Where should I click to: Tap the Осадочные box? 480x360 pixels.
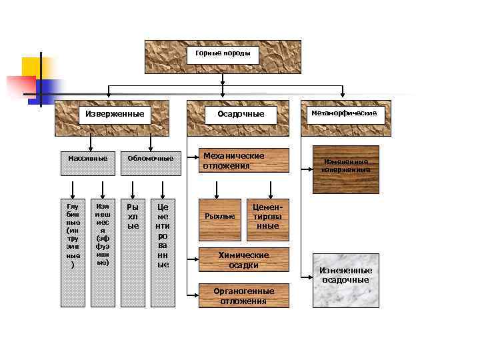coord(241,114)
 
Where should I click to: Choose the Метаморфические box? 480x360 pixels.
coord(343,114)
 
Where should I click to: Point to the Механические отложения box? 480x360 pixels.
coord(245,160)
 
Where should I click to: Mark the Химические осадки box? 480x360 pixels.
coord(245,260)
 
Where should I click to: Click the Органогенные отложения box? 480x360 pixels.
coord(245,296)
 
